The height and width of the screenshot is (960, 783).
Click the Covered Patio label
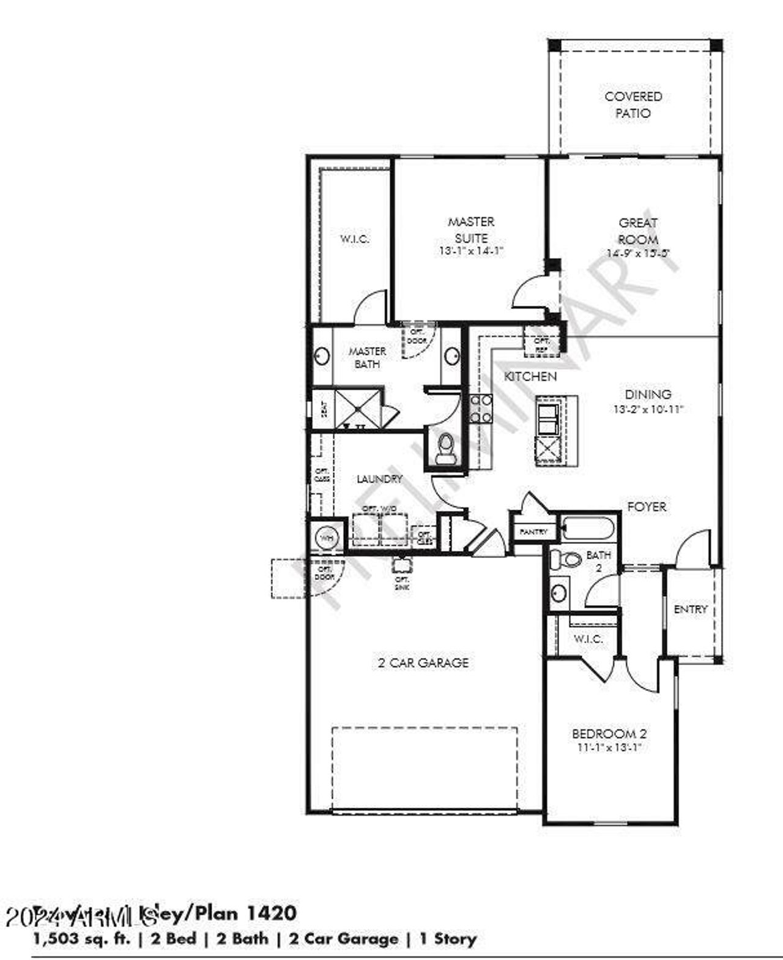point(633,105)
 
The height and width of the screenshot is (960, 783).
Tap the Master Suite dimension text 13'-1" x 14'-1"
point(471,251)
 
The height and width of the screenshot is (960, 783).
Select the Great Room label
point(638,231)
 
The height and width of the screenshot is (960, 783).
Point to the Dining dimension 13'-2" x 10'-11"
point(648,409)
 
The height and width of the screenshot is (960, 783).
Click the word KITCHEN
point(530,376)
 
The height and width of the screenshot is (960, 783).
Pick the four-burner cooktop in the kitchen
point(481,409)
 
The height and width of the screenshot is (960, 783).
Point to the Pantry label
point(533,532)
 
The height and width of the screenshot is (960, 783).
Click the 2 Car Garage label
point(423,663)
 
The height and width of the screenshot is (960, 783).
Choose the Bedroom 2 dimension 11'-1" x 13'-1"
point(609,748)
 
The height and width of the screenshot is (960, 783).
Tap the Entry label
point(691,609)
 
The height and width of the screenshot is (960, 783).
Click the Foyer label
point(647,507)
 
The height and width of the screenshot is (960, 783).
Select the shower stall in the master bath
point(358,407)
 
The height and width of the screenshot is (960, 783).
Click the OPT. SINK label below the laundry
point(401,583)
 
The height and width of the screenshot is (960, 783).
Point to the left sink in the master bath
point(322,356)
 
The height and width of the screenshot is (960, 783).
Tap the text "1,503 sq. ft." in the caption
point(82,939)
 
